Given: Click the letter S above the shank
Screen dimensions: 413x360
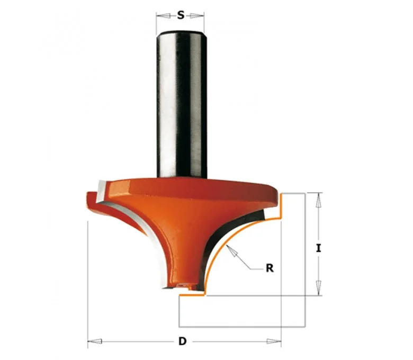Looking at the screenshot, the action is pyautogui.click(x=181, y=15).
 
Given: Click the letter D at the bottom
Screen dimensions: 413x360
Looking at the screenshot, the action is pyautogui.click(x=182, y=341).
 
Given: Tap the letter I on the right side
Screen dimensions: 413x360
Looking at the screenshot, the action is pyautogui.click(x=319, y=248).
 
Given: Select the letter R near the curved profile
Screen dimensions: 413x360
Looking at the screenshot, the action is pyautogui.click(x=270, y=268).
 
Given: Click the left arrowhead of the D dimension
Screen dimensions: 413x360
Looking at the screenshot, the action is pyautogui.click(x=95, y=341).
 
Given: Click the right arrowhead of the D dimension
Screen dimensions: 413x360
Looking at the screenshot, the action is pyautogui.click(x=274, y=341).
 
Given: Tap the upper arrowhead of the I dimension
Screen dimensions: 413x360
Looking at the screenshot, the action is pyautogui.click(x=319, y=200).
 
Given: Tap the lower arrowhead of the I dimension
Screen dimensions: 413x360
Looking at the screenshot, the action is pyautogui.click(x=319, y=288).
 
